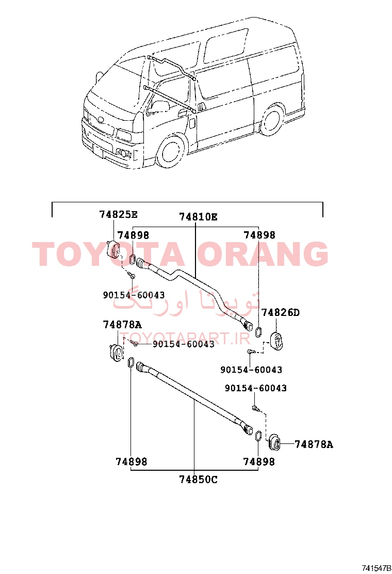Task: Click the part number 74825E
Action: (x=118, y=214)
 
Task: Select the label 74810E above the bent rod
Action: (x=198, y=217)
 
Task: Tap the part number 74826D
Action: (x=281, y=312)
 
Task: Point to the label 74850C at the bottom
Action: (x=198, y=479)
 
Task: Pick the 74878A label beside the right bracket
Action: (x=314, y=444)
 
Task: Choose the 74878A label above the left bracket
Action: (x=122, y=325)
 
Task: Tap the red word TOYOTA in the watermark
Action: (x=109, y=253)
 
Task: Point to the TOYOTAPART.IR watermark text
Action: (x=185, y=339)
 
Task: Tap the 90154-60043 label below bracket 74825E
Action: (x=134, y=295)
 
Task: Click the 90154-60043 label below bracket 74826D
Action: (x=251, y=370)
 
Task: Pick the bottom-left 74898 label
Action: (x=132, y=462)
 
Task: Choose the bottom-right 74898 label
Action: (x=259, y=462)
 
